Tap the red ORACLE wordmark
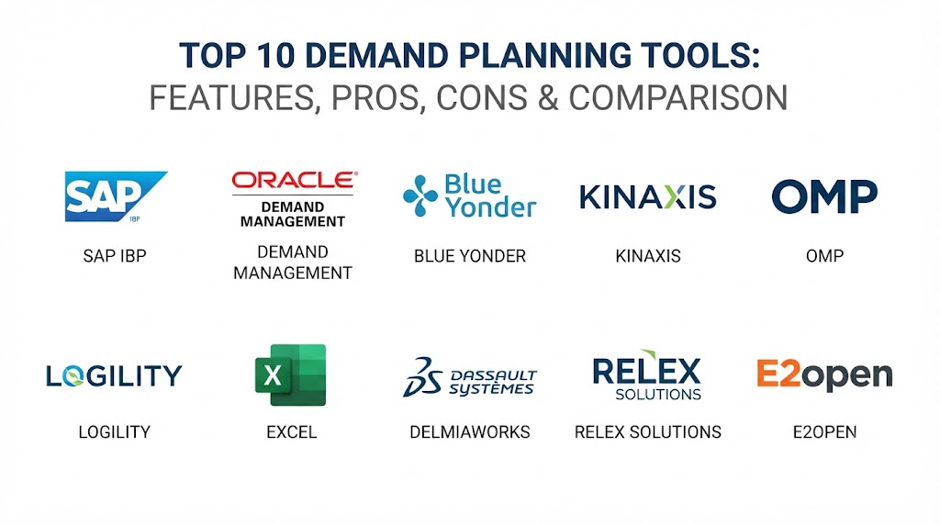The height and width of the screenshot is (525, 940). pos(295,181)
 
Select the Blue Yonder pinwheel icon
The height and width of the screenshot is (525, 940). pos(420,195)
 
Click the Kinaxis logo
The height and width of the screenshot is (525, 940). pos(647,196)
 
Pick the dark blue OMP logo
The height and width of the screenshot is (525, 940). pos(824,196)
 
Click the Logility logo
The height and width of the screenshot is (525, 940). pos(114,375)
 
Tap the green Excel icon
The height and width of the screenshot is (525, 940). pos(291,374)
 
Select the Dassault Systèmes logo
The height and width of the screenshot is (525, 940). pos(470,377)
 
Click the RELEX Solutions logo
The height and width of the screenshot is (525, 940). pos(647,375)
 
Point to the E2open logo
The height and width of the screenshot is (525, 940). pos(824,375)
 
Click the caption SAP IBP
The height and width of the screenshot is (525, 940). pos(115,256)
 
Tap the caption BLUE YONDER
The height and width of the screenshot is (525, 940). pos(470,256)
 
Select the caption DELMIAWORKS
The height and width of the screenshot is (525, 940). pos(470,432)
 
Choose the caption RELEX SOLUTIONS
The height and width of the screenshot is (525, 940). pos(648,432)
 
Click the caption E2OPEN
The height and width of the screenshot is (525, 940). pos(825,432)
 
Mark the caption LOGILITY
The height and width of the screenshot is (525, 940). pos(115,432)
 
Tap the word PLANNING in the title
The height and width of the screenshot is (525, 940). pos(545,56)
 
